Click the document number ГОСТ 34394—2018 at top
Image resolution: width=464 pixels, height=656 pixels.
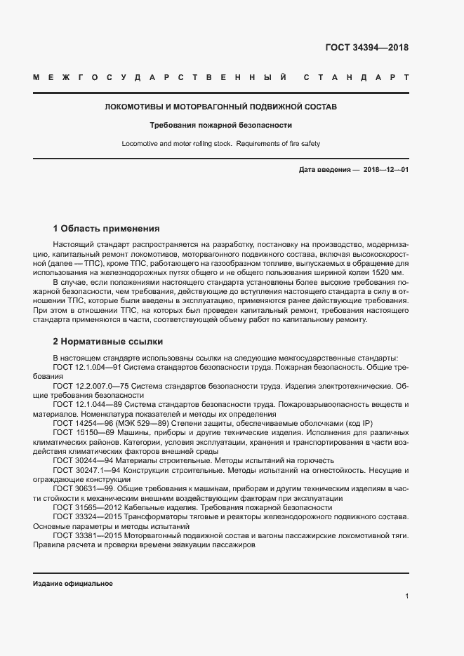[366, 48]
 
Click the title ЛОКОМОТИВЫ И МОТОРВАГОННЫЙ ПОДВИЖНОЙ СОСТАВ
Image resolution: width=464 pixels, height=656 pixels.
[220, 107]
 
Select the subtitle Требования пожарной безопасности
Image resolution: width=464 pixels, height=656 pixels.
[220, 126]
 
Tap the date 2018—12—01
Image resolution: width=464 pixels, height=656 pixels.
[385, 170]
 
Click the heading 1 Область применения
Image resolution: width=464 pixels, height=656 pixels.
[107, 229]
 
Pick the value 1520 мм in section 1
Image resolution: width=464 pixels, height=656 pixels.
[389, 272]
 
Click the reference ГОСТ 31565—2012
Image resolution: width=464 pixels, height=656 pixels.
[88, 507]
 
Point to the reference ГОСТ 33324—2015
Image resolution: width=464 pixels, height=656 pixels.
[88, 516]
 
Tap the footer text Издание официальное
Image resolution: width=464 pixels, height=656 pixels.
[72, 584]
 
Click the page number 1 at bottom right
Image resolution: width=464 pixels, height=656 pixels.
[406, 596]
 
